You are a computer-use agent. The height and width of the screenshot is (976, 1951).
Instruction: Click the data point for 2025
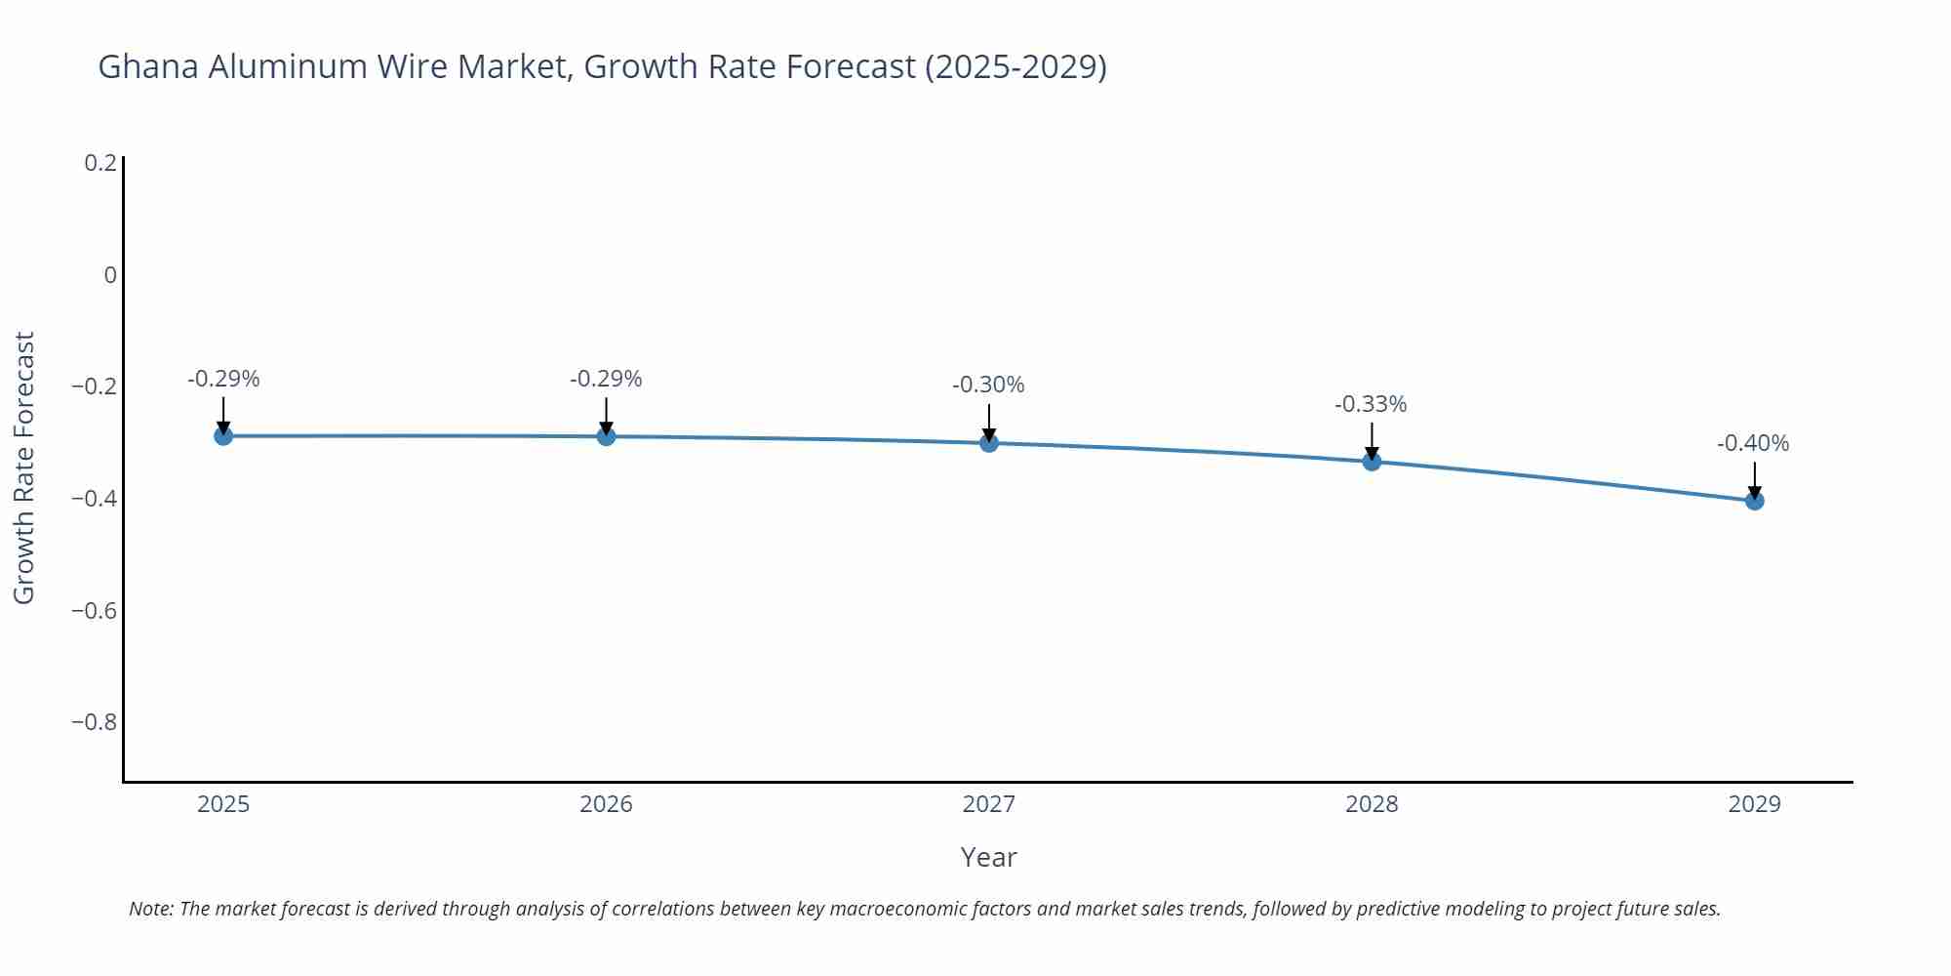[223, 435]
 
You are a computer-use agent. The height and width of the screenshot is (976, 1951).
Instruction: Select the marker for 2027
[989, 443]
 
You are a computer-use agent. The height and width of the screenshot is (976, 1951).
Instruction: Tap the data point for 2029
[1754, 501]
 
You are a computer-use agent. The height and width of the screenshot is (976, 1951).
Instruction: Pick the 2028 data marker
[1372, 461]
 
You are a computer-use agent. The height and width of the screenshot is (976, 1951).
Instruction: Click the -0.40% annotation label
[1752, 443]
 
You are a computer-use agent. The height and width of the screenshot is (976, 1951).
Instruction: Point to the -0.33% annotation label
[1370, 404]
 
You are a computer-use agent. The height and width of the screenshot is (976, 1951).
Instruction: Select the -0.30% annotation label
[987, 385]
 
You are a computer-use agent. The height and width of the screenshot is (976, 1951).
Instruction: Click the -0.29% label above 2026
[605, 379]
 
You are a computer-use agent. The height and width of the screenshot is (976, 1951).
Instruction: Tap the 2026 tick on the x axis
[606, 804]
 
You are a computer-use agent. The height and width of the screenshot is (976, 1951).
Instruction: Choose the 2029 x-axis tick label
[1754, 804]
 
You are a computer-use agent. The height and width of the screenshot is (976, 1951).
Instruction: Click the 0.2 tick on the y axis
[100, 163]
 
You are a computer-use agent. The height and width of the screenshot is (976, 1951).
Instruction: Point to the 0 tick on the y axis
[110, 275]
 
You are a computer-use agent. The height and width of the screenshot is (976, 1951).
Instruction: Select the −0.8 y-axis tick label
[94, 722]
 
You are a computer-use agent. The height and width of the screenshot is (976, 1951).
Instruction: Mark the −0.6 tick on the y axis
[94, 611]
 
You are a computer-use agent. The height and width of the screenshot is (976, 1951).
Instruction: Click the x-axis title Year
[988, 857]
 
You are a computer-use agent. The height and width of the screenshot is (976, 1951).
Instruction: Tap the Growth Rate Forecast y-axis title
[24, 468]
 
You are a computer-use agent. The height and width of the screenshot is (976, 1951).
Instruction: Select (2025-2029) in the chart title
[1015, 66]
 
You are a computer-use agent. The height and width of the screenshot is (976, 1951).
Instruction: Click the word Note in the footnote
[150, 909]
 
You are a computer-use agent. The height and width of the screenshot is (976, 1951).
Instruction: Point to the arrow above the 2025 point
[223, 414]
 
